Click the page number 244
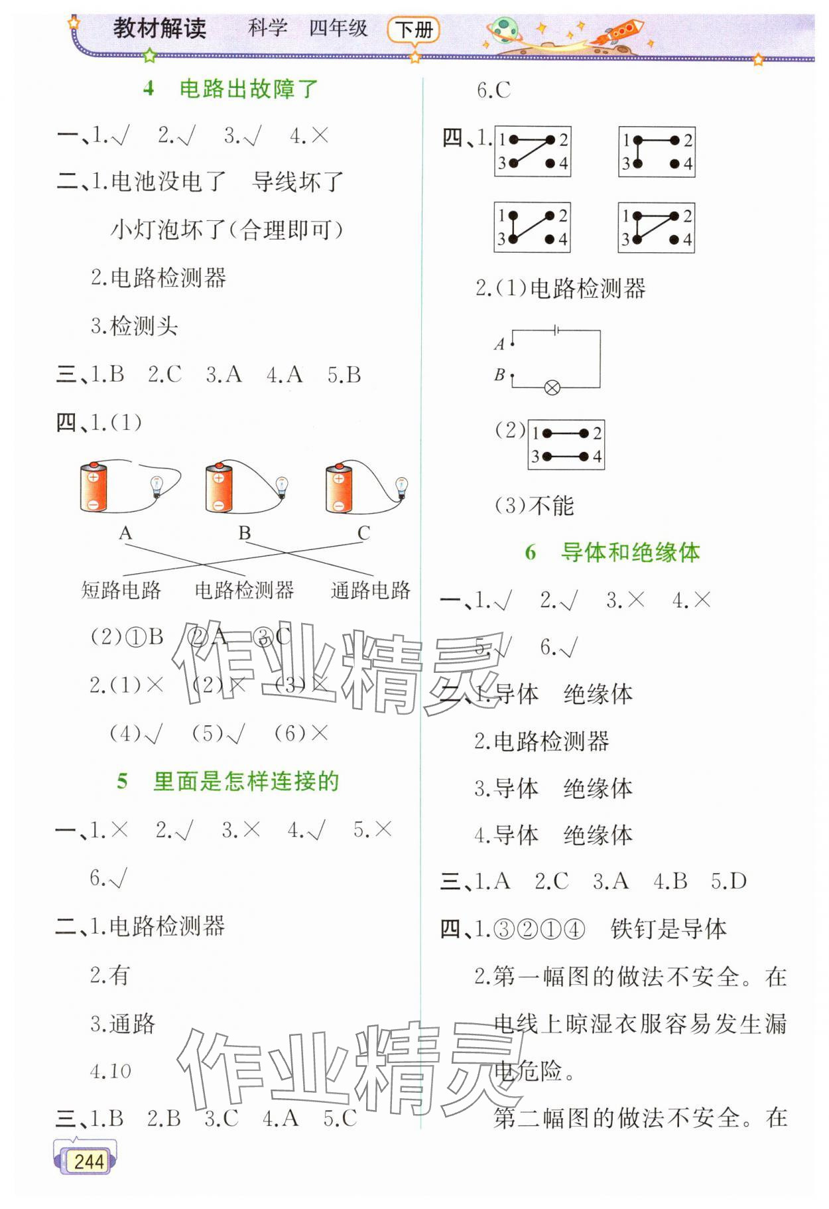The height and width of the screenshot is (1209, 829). [88, 1161]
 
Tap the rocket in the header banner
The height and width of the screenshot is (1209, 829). [621, 31]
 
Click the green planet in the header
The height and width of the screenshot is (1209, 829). [505, 31]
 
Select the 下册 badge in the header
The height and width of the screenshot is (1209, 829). [414, 30]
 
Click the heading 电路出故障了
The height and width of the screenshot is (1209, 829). [249, 88]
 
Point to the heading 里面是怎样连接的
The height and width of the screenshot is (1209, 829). [246, 781]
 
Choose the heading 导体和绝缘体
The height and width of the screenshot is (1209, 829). [630, 552]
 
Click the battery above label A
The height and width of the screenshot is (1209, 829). [94, 488]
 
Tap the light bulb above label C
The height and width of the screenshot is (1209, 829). [401, 487]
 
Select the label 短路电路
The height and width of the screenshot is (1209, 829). [121, 590]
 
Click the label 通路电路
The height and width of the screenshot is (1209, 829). [371, 590]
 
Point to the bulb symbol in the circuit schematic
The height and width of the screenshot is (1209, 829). [552, 388]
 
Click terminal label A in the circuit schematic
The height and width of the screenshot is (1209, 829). [500, 344]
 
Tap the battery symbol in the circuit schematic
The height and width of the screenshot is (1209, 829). [555, 329]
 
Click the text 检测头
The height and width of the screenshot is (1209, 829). [144, 326]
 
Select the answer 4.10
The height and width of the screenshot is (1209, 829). [111, 1070]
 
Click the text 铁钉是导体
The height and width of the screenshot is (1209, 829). [669, 929]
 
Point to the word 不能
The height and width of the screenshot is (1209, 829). [552, 506]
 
